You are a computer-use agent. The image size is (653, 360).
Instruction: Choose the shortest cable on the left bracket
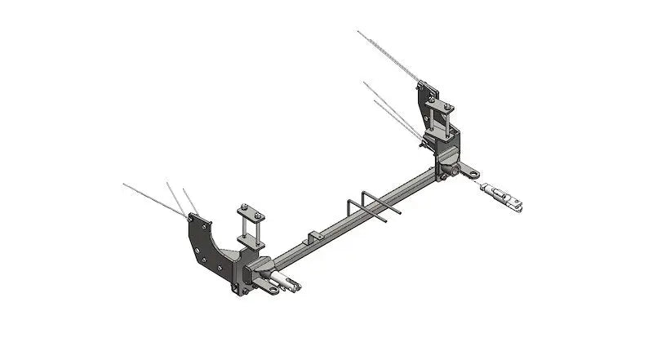tap(190, 199)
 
